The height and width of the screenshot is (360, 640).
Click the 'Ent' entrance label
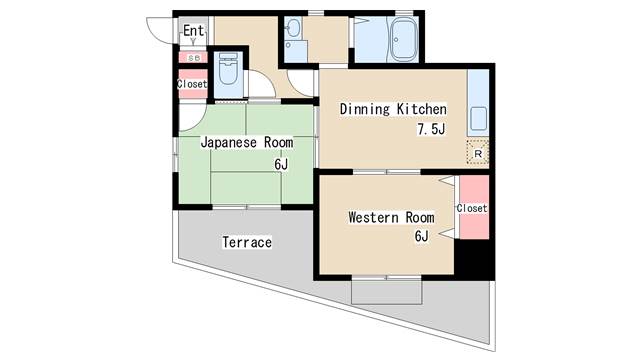pyautogui.click(x=193, y=31)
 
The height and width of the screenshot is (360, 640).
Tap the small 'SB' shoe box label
pyautogui.click(x=194, y=58)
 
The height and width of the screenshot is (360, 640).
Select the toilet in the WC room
pyautogui.click(x=228, y=69)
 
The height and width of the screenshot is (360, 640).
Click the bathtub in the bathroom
pyautogui.click(x=404, y=40)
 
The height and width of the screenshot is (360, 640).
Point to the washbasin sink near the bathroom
pyautogui.click(x=292, y=28)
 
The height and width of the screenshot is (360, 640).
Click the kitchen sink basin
pyautogui.click(x=478, y=118)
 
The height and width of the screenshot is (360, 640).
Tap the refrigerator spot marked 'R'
pyautogui.click(x=478, y=153)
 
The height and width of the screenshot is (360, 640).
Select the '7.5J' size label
pyautogui.click(x=431, y=129)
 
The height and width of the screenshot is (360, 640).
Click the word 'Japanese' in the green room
pyautogui.click(x=229, y=142)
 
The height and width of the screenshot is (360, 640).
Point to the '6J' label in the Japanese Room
pyautogui.click(x=281, y=164)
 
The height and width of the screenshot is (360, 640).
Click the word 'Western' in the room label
pyautogui.click(x=373, y=217)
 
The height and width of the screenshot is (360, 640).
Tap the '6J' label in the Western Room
pyautogui.click(x=422, y=236)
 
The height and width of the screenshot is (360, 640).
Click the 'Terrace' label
pyautogui.click(x=247, y=242)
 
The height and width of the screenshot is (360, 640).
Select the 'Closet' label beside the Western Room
pyautogui.click(x=472, y=208)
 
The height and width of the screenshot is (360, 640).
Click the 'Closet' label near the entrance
pyautogui.click(x=192, y=84)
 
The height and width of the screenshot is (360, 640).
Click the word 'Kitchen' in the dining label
pyautogui.click(x=422, y=109)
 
